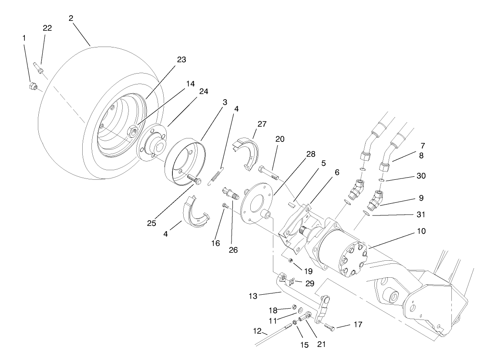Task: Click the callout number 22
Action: pos(47,28)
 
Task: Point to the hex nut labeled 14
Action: pos(133,130)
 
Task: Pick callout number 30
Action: pos(421,176)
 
